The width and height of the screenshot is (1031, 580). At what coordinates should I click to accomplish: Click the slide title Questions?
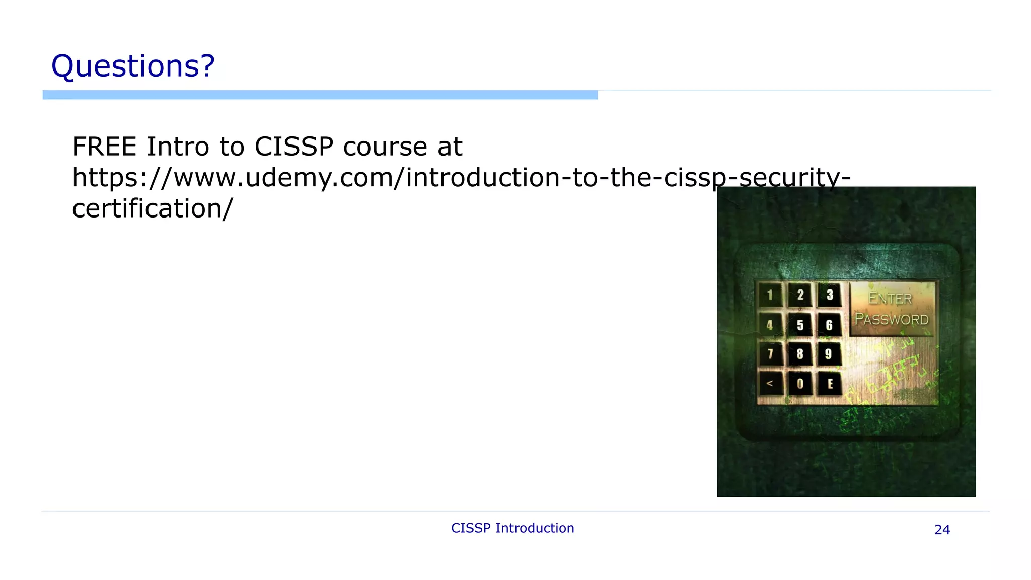133,66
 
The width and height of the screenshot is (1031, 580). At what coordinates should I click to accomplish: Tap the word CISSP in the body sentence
294,147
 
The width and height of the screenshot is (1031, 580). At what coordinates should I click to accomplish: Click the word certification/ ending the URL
153,208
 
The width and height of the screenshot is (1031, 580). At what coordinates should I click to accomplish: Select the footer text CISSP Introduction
512,528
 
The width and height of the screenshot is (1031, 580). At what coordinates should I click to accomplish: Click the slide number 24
942,530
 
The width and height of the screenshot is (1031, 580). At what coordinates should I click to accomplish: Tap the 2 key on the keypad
800,295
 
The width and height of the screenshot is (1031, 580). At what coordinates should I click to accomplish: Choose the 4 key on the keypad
770,325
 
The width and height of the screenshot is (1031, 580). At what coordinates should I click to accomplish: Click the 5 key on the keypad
800,325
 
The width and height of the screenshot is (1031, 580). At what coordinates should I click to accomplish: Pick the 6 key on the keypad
829,325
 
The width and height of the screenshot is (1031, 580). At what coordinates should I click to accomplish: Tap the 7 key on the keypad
770,354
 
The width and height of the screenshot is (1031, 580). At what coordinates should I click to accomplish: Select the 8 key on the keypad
800,354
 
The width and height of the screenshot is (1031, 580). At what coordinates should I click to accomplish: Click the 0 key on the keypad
800,384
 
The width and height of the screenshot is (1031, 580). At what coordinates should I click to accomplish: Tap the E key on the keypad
830,384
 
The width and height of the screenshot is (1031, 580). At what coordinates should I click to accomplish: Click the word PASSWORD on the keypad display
892,320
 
